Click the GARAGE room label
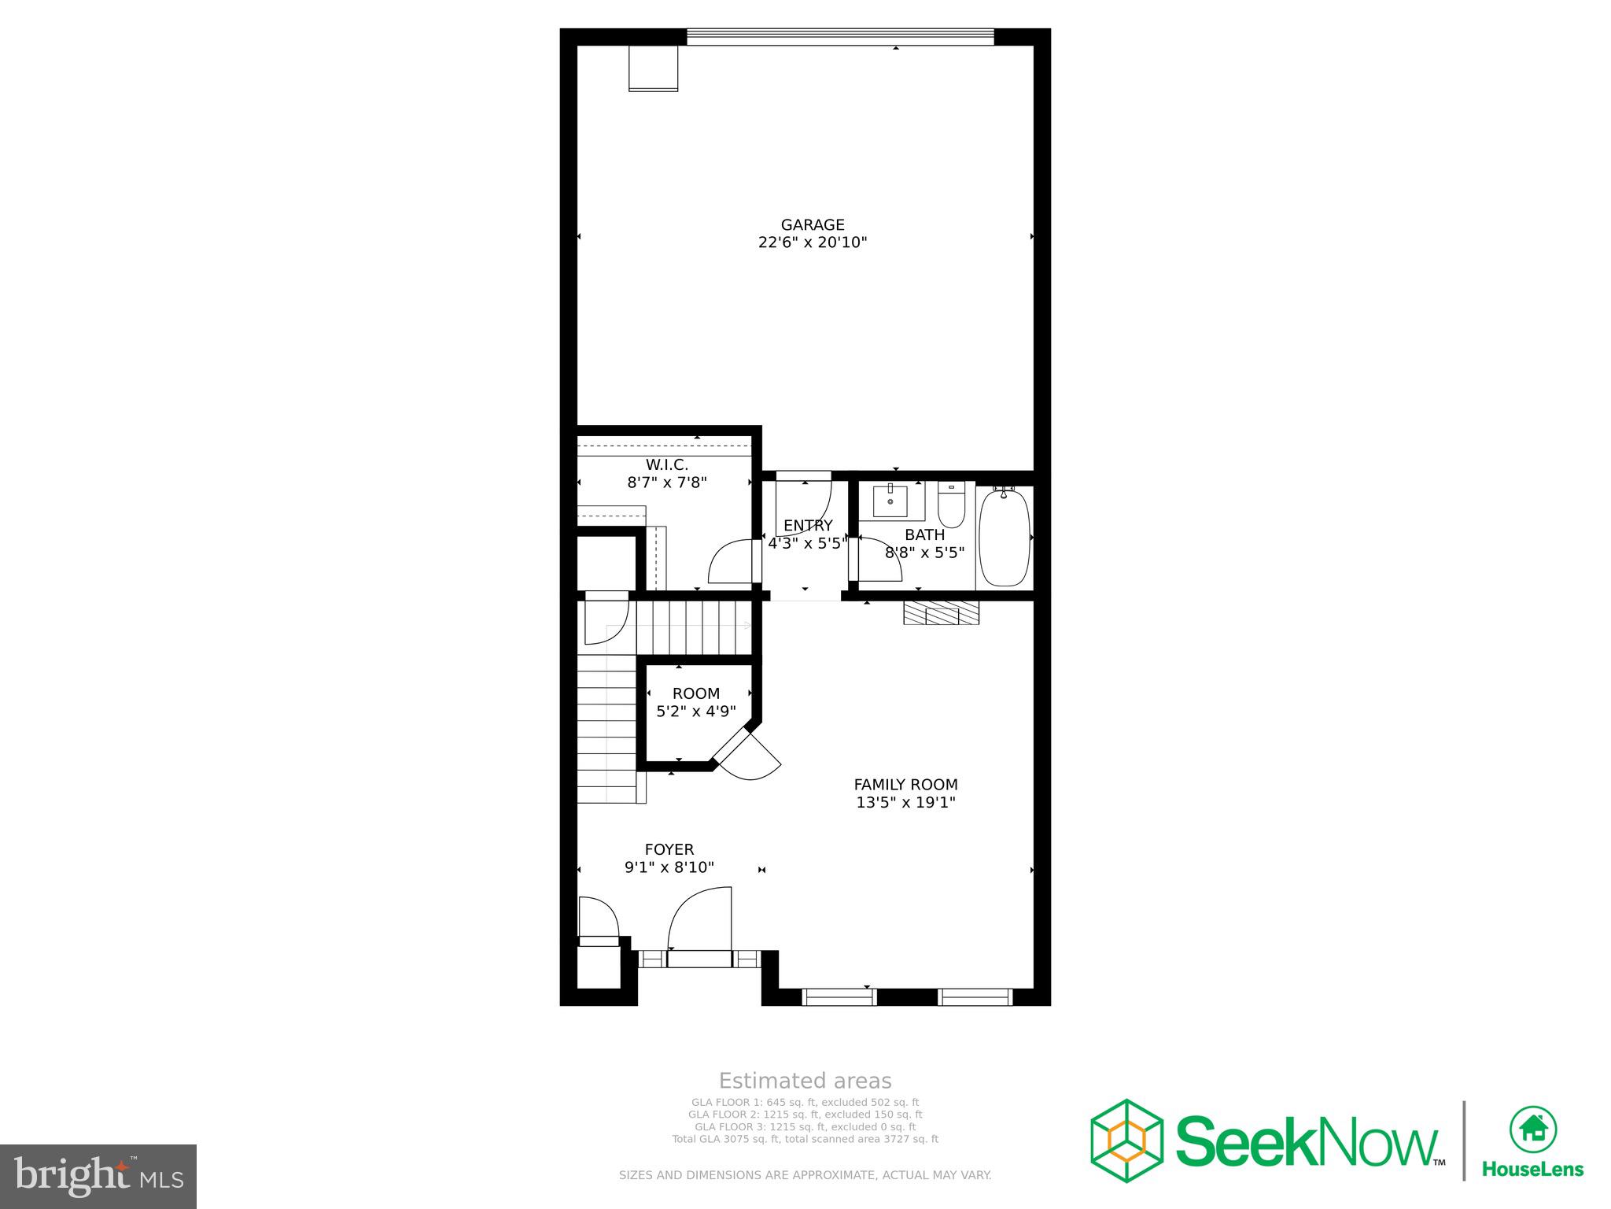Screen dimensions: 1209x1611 click(813, 225)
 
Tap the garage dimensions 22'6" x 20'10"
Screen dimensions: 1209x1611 click(813, 242)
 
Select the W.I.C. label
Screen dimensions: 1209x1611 click(667, 465)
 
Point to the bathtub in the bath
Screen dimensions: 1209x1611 click(1005, 537)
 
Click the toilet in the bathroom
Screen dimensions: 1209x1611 click(952, 505)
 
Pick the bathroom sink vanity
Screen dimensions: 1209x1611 click(890, 501)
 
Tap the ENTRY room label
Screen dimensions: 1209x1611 click(808, 526)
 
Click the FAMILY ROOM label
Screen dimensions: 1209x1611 click(906, 785)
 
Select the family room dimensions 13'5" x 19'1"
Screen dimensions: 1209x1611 click(906, 803)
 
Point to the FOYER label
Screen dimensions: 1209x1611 click(669, 849)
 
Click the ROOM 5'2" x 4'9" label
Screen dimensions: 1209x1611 click(696, 702)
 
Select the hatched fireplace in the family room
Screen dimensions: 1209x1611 click(941, 613)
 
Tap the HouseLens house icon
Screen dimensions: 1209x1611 click(1532, 1129)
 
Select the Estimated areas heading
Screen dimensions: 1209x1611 click(805, 1081)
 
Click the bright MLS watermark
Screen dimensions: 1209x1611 click(98, 1176)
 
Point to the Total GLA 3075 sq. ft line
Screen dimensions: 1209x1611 click(805, 1139)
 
